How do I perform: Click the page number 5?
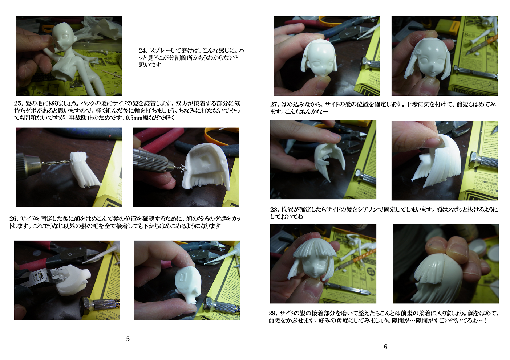click(x=128, y=339)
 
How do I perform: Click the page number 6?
click(x=385, y=347)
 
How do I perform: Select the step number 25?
click(x=18, y=103)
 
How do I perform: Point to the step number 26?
click(x=14, y=219)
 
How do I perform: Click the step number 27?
click(x=274, y=105)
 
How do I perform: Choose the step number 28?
click(x=274, y=209)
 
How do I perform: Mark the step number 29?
click(x=273, y=313)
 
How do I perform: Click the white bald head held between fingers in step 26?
click(x=187, y=285)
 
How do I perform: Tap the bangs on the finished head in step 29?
click(x=315, y=251)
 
